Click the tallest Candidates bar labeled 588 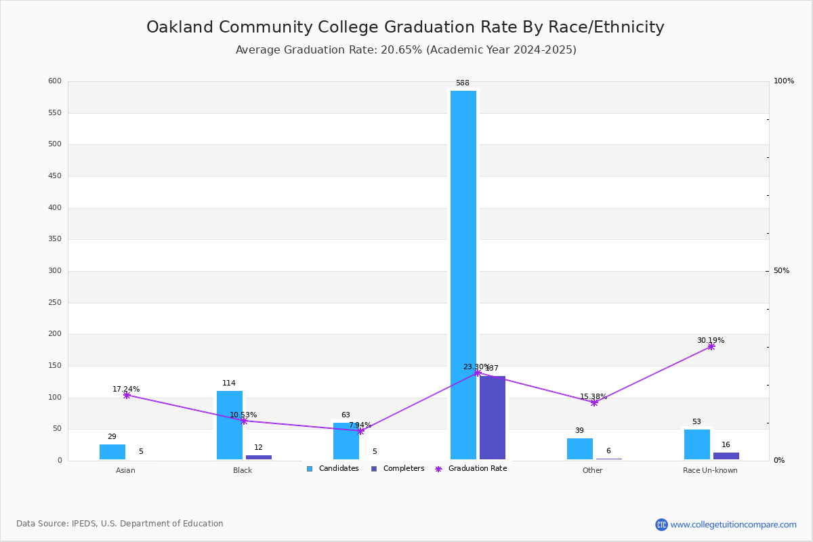click(x=463, y=274)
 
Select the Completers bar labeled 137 click(x=493, y=417)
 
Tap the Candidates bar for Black click(x=230, y=425)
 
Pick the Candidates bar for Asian click(x=112, y=452)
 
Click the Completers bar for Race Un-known click(x=726, y=456)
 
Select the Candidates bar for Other click(x=580, y=449)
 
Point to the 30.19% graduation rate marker click(x=711, y=346)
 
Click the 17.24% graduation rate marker click(x=127, y=395)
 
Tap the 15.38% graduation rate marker click(x=594, y=402)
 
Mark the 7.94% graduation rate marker click(x=360, y=431)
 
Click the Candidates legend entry click(x=333, y=469)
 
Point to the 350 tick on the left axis click(x=55, y=239)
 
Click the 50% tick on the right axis click(x=781, y=271)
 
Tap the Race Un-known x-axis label click(x=710, y=470)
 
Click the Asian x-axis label click(x=125, y=470)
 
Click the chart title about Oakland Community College click(x=405, y=27)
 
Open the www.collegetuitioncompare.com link click(x=733, y=524)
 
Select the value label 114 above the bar click(x=229, y=383)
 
